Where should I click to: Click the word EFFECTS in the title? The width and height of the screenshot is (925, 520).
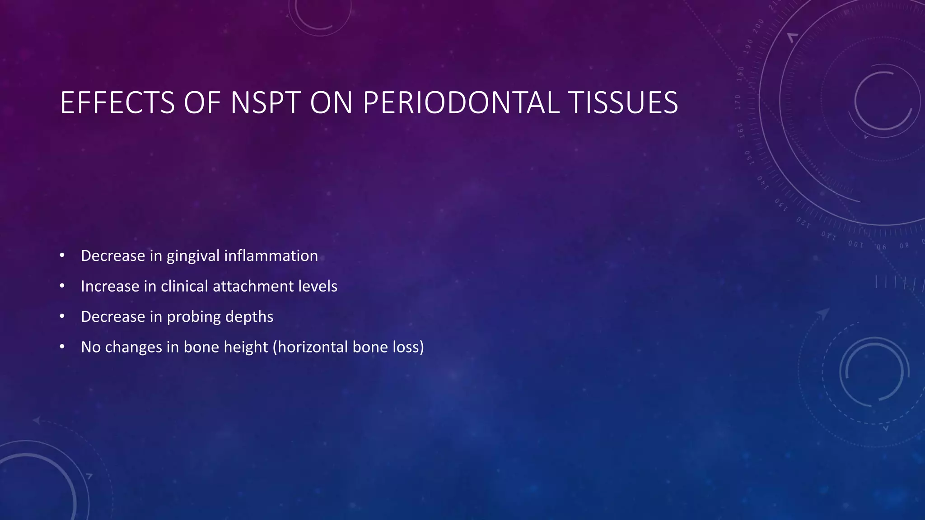coord(117,103)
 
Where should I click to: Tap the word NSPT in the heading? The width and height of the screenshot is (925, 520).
coord(266,103)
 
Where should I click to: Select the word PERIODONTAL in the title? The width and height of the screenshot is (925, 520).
coord(461,103)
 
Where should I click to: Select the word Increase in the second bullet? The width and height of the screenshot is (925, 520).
coord(110,286)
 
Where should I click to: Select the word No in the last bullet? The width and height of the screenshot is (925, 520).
coord(90,347)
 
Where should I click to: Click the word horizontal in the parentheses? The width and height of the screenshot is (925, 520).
coord(312,347)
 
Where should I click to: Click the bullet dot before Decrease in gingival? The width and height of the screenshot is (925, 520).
coord(62,256)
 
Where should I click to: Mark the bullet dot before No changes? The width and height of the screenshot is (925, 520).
coord(62,347)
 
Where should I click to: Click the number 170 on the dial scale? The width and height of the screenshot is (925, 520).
coord(738,102)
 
